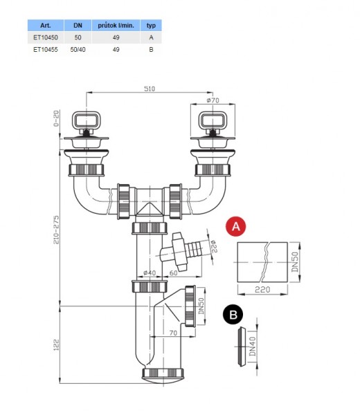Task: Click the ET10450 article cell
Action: point(45,37)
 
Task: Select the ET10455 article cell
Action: point(45,50)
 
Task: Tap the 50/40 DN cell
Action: point(78,50)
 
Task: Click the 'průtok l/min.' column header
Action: point(116,26)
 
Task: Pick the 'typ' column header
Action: point(151,26)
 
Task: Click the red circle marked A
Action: point(236,227)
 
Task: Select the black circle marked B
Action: point(233,315)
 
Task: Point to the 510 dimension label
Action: point(150,89)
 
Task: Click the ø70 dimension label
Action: point(213,100)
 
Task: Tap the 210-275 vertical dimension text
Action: point(57,230)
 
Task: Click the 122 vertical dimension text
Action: point(57,345)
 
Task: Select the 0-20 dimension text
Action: point(57,118)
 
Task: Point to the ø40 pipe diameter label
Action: point(150,273)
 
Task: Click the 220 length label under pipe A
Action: point(262,290)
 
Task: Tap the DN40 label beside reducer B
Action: point(253,347)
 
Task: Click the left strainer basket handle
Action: point(87,120)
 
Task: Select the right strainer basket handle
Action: point(213,120)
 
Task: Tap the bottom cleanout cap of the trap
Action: point(163,376)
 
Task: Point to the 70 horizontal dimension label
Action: point(173,333)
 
